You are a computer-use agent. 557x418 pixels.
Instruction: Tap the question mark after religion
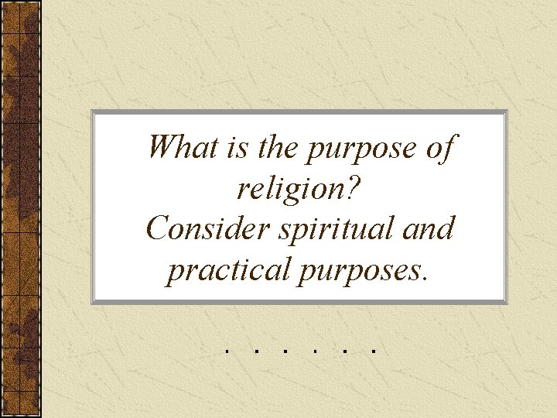[361, 187]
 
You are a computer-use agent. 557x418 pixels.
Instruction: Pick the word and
[430, 229]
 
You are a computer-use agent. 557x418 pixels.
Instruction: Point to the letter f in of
[447, 147]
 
